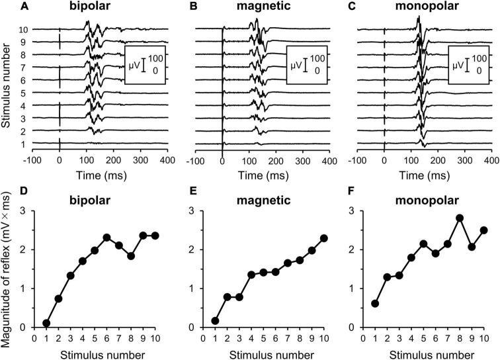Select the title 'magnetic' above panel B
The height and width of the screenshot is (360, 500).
tap(261, 9)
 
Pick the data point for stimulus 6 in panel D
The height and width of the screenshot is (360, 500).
tap(106, 238)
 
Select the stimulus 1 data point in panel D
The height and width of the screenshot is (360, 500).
tap(46, 323)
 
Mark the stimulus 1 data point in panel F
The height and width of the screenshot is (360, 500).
tap(376, 303)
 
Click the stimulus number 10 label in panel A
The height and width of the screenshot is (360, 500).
tap(23, 29)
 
